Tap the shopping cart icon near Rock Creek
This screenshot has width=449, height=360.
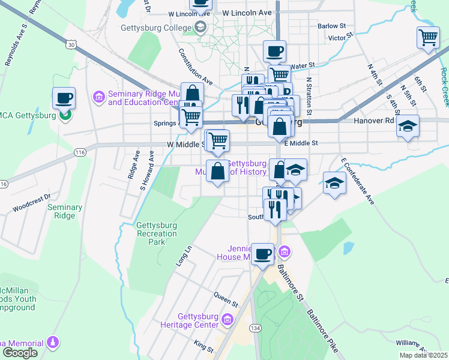(x=428, y=37)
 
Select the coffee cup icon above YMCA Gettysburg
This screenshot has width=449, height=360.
(x=64, y=98)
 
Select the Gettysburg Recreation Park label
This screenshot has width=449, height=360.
(x=157, y=234)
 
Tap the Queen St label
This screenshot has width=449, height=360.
(x=226, y=295)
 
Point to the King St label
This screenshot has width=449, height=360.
(x=204, y=345)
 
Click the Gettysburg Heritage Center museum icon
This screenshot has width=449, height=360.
(x=227, y=320)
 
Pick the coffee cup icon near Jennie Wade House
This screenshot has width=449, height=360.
(x=262, y=254)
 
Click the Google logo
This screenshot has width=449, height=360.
(x=20, y=353)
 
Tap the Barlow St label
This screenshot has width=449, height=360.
(x=332, y=26)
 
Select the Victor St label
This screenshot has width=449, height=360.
(x=340, y=38)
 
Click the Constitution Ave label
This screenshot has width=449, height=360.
(x=196, y=67)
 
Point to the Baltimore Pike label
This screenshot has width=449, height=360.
(x=321, y=329)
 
